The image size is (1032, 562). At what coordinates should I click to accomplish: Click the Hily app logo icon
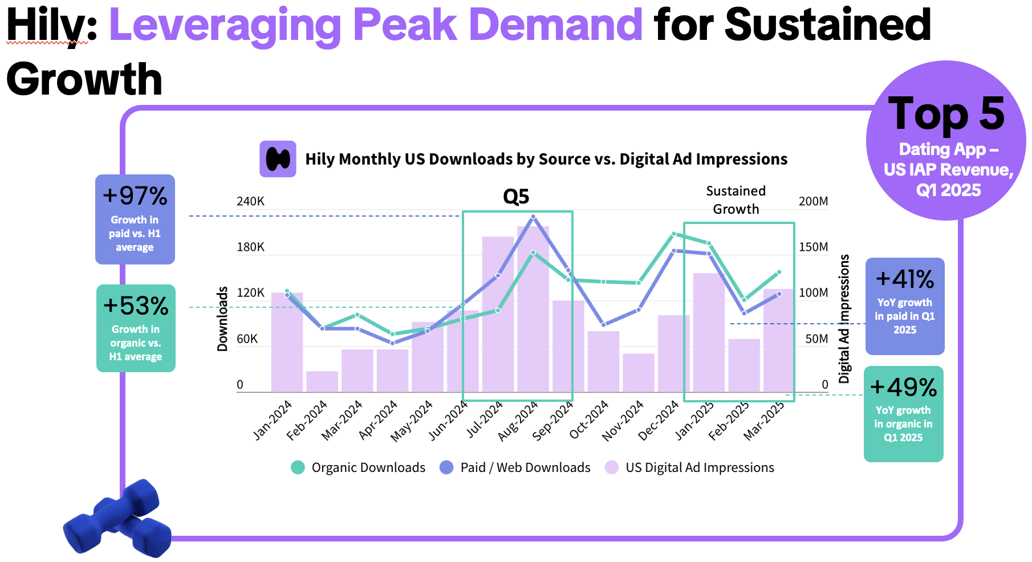[278, 159]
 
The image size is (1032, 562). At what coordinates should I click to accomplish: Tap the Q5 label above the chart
[516, 197]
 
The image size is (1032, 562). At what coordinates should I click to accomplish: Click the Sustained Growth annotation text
[736, 200]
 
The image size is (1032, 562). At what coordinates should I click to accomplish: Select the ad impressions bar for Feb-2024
[322, 381]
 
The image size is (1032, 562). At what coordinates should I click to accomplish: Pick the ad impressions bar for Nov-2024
[639, 373]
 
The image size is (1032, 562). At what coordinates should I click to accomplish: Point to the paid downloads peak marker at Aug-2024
[533, 217]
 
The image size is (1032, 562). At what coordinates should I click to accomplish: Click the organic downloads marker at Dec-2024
[674, 234]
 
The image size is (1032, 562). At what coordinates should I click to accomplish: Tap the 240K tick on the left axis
[250, 201]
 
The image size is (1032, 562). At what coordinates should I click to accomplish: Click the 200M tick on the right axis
[813, 201]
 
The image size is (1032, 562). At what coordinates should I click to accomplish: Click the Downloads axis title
[222, 319]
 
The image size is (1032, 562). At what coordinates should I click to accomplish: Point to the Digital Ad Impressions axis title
[844, 319]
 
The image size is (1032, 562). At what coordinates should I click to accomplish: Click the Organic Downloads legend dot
[298, 467]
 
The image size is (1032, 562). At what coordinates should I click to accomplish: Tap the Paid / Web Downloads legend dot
[446, 467]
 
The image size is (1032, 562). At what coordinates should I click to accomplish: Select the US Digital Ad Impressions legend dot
[612, 467]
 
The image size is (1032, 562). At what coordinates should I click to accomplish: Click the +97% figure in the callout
[135, 196]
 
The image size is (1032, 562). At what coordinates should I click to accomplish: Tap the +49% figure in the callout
[904, 388]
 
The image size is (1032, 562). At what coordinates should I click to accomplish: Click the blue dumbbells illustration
[117, 518]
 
